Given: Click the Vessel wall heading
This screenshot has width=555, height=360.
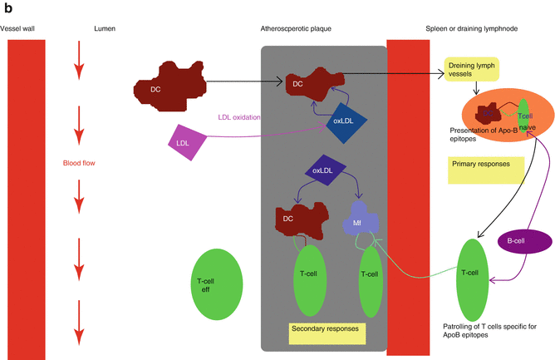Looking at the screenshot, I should pyautogui.click(x=18, y=28).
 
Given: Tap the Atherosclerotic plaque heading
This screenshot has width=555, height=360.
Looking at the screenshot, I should pyautogui.click(x=297, y=28).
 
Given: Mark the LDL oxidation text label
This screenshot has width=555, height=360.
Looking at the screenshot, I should pyautogui.click(x=239, y=117).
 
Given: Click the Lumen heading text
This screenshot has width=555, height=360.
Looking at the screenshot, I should pyautogui.click(x=106, y=28).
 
